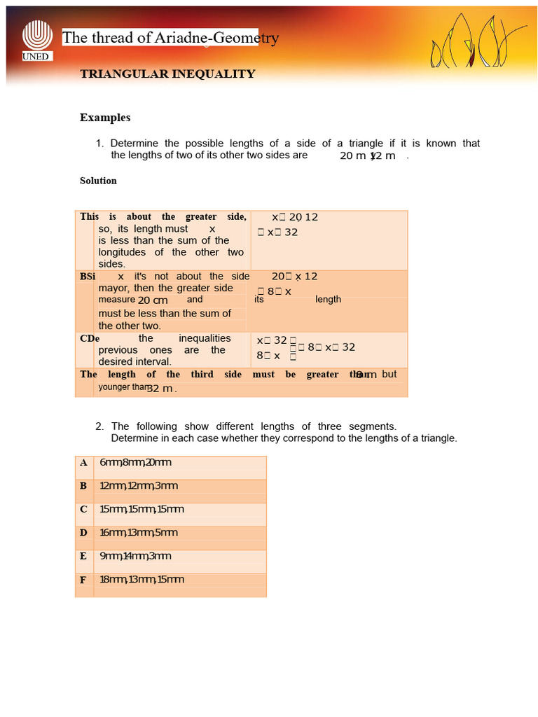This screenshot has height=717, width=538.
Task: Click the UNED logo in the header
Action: [36, 40]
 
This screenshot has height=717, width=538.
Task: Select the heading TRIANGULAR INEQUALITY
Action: [167, 74]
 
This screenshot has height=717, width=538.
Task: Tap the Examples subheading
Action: [105, 118]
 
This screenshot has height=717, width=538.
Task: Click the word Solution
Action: [98, 181]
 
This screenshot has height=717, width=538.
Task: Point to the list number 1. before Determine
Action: [100, 144]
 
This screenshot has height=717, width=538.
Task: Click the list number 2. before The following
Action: [100, 426]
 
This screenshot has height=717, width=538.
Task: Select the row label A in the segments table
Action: [83, 463]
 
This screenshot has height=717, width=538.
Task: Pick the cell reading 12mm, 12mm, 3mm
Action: [139, 486]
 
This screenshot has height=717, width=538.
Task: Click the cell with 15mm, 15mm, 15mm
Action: [142, 509]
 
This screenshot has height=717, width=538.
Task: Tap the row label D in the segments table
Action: [83, 533]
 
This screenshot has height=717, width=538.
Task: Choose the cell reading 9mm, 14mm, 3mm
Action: [135, 557]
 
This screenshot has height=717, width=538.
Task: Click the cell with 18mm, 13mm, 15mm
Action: [142, 580]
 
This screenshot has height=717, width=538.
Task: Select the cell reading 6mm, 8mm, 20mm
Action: [135, 463]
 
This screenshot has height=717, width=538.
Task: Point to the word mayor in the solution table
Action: [113, 288]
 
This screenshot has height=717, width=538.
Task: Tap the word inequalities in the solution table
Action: [205, 338]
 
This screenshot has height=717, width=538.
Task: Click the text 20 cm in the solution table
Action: [153, 300]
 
